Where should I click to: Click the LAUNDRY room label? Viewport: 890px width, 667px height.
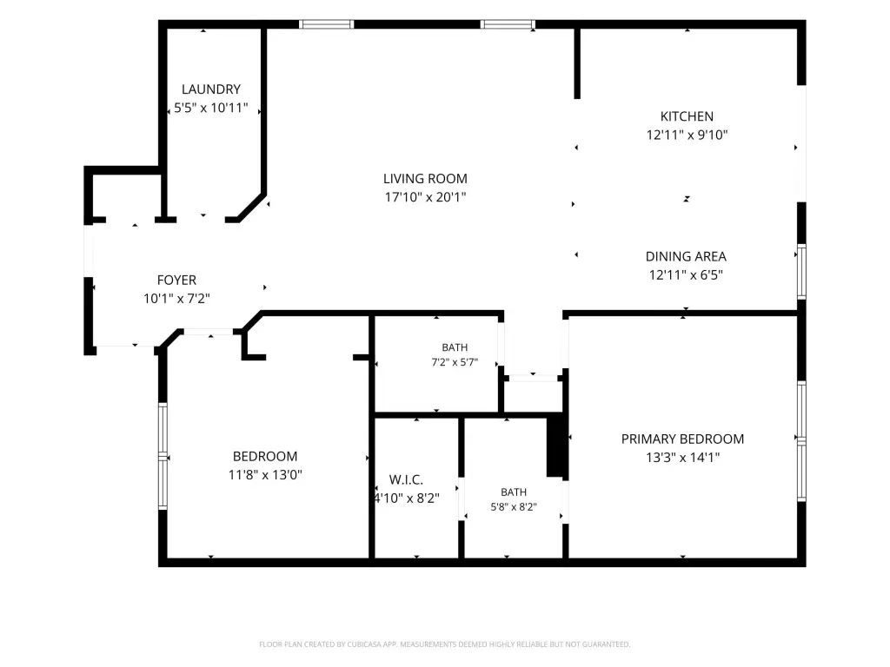(x=211, y=89)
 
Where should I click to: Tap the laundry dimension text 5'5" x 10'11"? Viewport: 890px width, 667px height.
(x=211, y=108)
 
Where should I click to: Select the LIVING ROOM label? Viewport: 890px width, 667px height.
(x=425, y=179)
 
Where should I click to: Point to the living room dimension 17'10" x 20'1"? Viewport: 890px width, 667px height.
(x=425, y=197)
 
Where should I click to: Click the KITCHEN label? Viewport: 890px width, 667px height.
(x=687, y=116)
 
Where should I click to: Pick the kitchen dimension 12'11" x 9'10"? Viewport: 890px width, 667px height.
(x=687, y=135)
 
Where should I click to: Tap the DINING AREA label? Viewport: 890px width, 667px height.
(x=686, y=256)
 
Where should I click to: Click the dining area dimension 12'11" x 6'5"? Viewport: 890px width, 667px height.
(x=686, y=275)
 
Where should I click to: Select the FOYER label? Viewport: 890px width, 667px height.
(x=176, y=281)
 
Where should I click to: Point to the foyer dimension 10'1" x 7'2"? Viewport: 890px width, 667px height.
(x=176, y=299)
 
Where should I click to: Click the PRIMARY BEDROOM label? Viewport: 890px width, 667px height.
(x=682, y=439)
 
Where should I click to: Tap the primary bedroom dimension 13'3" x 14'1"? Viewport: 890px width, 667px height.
(x=682, y=457)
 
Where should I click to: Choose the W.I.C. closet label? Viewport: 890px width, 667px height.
(x=406, y=479)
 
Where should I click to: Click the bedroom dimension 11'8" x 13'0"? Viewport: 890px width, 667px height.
(x=265, y=475)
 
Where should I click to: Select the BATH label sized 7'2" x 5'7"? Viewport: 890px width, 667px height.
(x=455, y=347)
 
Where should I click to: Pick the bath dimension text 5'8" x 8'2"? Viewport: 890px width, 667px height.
(x=514, y=507)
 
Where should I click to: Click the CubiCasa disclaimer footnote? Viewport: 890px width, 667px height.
(x=444, y=644)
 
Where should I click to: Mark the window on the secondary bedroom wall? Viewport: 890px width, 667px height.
(x=163, y=456)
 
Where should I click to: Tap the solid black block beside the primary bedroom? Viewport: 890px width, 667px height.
(x=557, y=447)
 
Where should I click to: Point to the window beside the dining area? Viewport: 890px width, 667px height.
(x=801, y=271)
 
